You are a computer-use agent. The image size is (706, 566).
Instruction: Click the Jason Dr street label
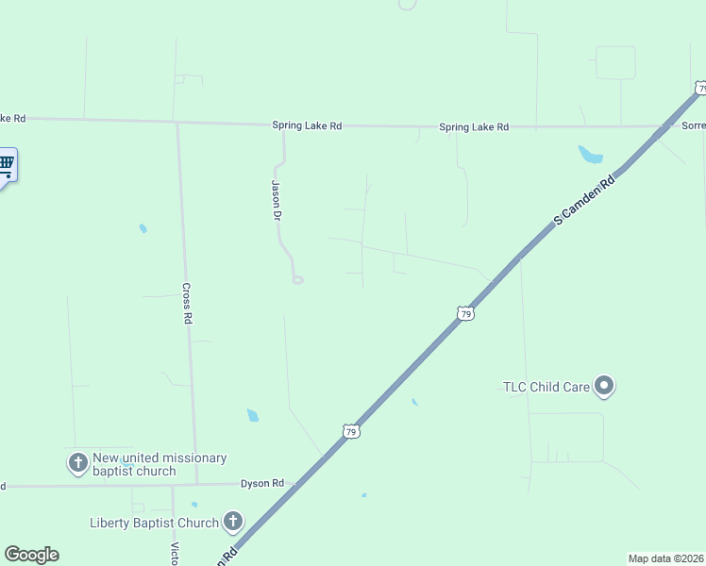[x=277, y=200]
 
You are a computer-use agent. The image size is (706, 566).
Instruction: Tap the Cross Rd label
[x=187, y=304]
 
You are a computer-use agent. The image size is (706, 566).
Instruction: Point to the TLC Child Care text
[x=545, y=386]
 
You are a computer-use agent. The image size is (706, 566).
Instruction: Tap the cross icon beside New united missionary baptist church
[x=77, y=463]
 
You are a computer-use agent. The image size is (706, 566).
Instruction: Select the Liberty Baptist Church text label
[x=154, y=523]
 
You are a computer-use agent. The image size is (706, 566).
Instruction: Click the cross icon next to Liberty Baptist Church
[x=232, y=522]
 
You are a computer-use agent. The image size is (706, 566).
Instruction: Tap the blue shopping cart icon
[x=6, y=166]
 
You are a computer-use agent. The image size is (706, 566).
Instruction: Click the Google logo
[x=31, y=555]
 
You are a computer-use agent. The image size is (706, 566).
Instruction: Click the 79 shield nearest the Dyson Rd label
[x=350, y=431]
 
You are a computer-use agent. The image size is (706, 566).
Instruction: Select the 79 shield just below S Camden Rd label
[x=464, y=312]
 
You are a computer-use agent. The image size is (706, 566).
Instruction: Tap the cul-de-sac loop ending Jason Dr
[x=298, y=279]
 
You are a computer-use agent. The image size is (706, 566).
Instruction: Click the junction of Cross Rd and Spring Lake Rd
[x=176, y=122]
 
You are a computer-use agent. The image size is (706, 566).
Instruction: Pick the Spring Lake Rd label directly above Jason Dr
[x=307, y=125]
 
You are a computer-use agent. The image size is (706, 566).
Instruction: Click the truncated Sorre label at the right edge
[x=693, y=125]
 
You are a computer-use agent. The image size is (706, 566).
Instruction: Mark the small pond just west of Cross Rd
[x=143, y=227]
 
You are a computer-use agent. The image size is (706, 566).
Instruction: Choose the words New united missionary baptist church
[x=160, y=464]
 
